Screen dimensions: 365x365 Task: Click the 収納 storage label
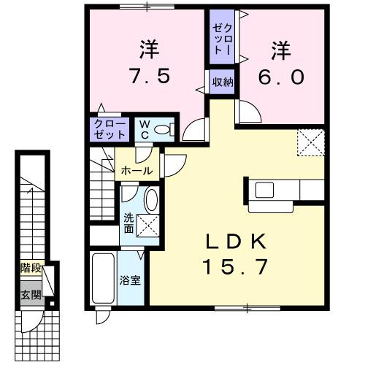click(x=223, y=82)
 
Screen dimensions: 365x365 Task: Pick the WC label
click(x=144, y=130)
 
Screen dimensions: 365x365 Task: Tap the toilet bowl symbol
click(x=164, y=130)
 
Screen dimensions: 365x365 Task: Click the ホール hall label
click(x=137, y=171)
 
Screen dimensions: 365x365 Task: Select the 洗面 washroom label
click(x=128, y=223)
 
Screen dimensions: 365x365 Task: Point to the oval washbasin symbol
click(x=152, y=200)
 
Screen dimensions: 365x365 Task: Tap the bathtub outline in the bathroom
click(x=102, y=279)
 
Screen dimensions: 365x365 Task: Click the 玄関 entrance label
click(x=30, y=295)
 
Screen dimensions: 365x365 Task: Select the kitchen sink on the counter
click(x=264, y=190)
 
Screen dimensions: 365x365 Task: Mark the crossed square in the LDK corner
click(x=310, y=141)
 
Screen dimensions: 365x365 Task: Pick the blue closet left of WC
click(x=109, y=130)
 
